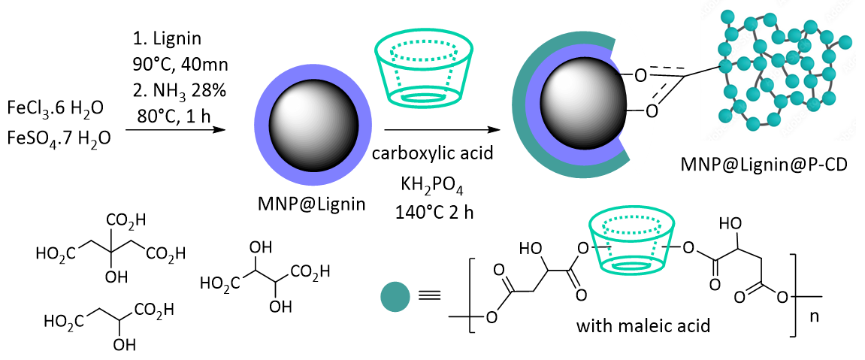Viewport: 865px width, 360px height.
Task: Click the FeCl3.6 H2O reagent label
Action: pyautogui.click(x=55, y=109)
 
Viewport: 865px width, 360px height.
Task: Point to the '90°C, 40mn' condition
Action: pyautogui.click(x=180, y=65)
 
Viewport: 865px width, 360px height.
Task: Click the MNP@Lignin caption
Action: pyautogui.click(x=310, y=204)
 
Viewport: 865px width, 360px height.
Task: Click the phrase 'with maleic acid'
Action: pyautogui.click(x=643, y=325)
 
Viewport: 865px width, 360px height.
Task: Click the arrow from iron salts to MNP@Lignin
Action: pyautogui.click(x=175, y=131)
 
